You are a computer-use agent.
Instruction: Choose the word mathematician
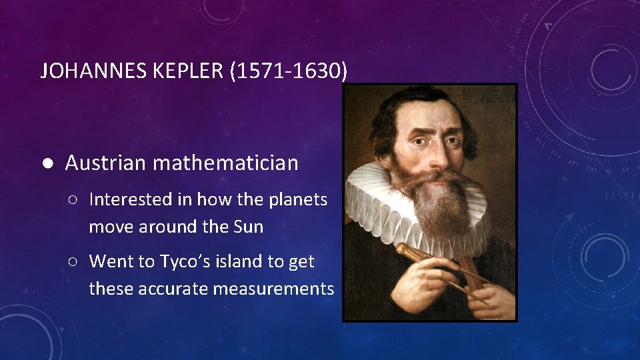(227, 163)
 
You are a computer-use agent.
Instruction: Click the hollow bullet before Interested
(77, 200)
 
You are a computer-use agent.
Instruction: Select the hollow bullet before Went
(77, 262)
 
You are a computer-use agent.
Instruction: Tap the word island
(243, 261)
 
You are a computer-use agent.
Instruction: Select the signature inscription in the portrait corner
(496, 98)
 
